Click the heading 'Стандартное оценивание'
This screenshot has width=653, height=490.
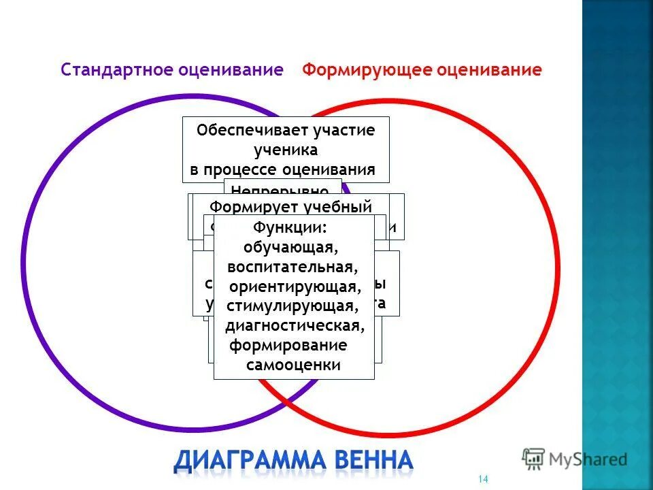[171, 70]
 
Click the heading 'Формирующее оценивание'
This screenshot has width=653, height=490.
[422, 70]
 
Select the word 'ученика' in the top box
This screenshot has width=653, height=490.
[286, 150]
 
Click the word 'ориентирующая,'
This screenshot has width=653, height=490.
[294, 285]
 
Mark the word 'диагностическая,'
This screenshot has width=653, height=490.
[295, 325]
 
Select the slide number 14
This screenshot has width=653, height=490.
[484, 479]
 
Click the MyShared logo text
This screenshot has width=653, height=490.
[589, 459]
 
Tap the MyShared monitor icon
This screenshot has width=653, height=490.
[534, 457]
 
